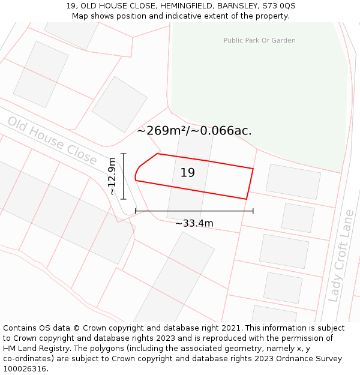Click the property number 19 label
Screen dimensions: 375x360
[x=188, y=173]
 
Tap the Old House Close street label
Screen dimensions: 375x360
[x=52, y=140]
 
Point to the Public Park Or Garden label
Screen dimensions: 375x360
[x=259, y=40]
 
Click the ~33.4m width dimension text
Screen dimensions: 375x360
[x=194, y=223]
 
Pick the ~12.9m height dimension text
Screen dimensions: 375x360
[x=112, y=176]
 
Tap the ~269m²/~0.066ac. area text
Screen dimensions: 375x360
[x=194, y=131]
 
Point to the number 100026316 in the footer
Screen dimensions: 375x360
[x=25, y=369]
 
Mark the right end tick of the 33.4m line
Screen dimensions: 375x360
[x=253, y=211]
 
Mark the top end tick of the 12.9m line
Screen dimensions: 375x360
[x=124, y=154]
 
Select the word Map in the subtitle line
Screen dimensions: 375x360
[x=80, y=16]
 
